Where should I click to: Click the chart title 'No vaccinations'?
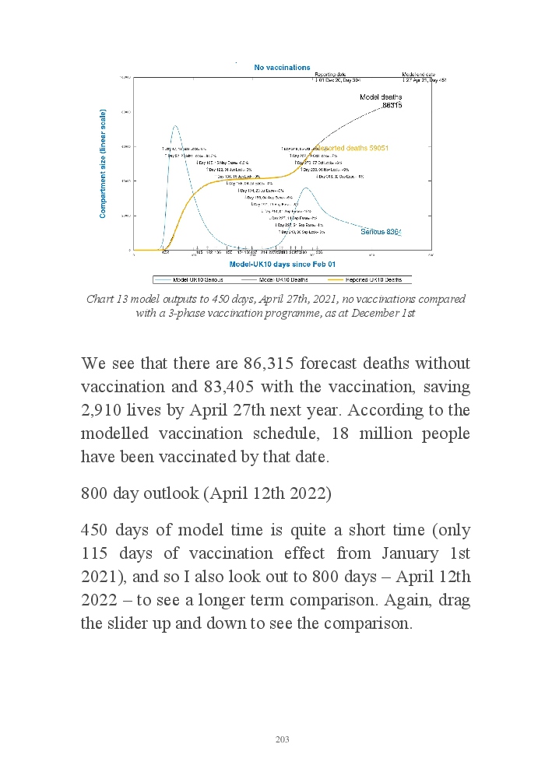282,68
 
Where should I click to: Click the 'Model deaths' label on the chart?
380,97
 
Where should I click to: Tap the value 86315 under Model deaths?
391,105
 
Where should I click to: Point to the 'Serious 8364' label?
381,232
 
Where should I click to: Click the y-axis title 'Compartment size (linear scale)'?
103,163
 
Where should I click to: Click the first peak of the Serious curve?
175,126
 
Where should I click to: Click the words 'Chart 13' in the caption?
106,300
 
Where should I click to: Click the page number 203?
282,739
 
